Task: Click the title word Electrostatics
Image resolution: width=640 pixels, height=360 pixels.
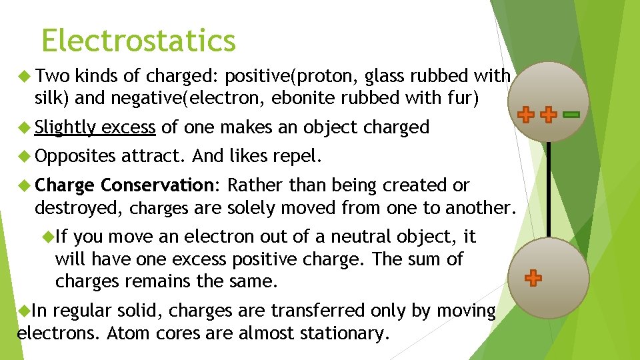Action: click(138, 41)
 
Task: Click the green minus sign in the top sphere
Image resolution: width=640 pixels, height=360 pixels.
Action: click(571, 115)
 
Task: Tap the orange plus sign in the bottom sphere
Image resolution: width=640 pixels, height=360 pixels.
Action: click(533, 278)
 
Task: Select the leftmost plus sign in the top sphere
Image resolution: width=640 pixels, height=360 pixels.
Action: click(526, 115)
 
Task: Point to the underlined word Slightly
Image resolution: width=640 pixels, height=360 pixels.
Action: click(66, 127)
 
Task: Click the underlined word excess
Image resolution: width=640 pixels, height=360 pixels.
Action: click(129, 127)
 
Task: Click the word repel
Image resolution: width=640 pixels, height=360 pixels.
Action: click(296, 157)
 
